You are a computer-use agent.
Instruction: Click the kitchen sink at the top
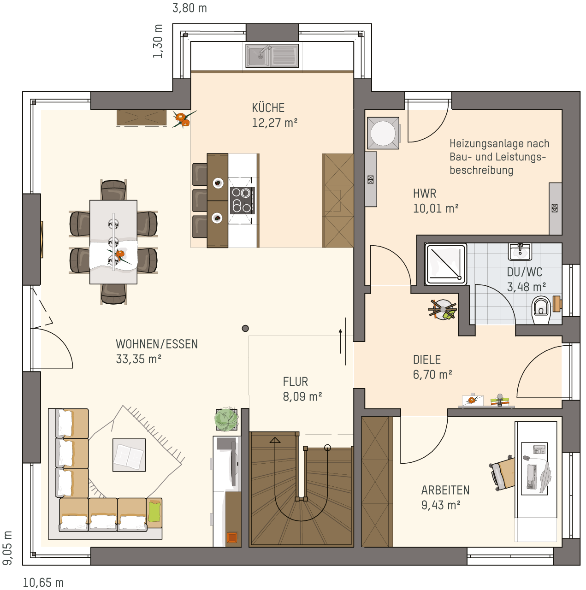[x=272, y=56]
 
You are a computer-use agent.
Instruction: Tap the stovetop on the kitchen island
[x=243, y=201]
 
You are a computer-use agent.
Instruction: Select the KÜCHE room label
[x=268, y=108]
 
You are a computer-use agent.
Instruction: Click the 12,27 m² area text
[x=274, y=123]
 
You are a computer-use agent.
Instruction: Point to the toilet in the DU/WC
[x=541, y=310]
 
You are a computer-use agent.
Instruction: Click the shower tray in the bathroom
[x=446, y=264]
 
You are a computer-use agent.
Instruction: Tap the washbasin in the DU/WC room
[x=520, y=252]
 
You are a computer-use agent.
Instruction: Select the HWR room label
[x=425, y=194]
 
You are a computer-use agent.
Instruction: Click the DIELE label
[x=427, y=360]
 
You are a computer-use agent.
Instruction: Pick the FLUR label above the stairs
[x=295, y=382]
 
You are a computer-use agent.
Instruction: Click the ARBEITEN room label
[x=445, y=490]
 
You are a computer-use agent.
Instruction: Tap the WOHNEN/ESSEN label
[x=157, y=344]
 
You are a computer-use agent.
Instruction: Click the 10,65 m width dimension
[x=43, y=583]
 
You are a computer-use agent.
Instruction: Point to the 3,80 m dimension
[x=189, y=8]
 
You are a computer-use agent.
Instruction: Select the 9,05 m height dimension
[x=7, y=548]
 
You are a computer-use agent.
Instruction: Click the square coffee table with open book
[x=129, y=455]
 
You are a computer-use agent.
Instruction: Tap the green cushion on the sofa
[x=154, y=512]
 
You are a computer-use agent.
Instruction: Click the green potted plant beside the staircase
[x=227, y=420]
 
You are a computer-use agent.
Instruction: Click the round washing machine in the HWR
[x=383, y=133]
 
